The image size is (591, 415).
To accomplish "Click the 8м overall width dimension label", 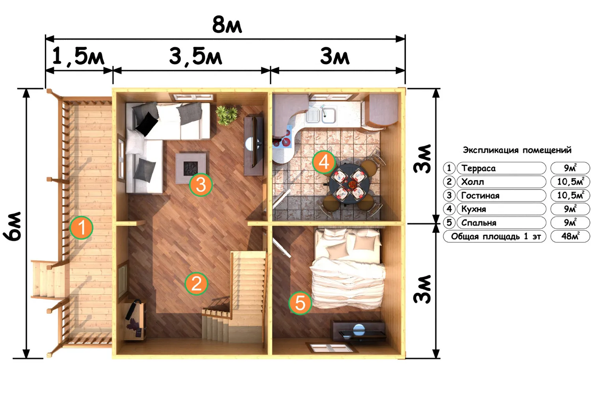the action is click(x=227, y=25).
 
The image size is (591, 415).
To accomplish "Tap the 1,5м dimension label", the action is click(x=78, y=56).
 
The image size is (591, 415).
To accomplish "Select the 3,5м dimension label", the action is click(x=195, y=57).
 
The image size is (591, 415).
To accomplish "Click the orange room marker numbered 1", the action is click(x=81, y=227).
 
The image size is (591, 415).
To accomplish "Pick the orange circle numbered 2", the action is click(x=196, y=284).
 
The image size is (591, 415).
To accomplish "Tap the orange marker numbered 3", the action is click(x=201, y=185).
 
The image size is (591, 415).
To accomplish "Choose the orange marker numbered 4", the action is click(x=324, y=162).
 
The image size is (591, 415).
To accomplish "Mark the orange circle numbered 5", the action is click(x=300, y=303).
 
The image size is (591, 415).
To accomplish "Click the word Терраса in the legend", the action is click(x=478, y=168).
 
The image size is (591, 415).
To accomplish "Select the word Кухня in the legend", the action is click(x=474, y=209).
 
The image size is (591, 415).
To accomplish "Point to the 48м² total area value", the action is click(x=570, y=236).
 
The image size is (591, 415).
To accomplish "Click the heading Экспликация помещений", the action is click(x=517, y=150).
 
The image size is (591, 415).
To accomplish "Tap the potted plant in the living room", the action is click(x=227, y=115).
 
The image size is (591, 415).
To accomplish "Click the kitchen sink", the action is click(x=321, y=115).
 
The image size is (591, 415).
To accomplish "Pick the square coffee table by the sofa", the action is click(x=192, y=167).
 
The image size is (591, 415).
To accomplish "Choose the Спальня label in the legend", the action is click(x=479, y=223).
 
